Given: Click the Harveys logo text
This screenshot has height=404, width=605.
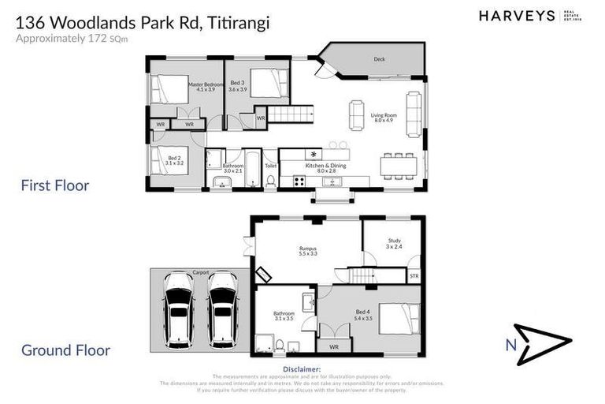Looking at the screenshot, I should tap(517, 16).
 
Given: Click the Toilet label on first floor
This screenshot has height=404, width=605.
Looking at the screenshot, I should tap(270, 166).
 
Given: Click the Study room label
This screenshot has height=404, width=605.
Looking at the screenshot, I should tap(394, 243).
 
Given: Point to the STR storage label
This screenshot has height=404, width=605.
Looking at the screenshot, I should tap(414, 276).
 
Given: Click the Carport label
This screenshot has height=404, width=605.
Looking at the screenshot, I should tap(200, 272).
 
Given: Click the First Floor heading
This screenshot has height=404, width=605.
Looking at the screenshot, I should tap(54, 186).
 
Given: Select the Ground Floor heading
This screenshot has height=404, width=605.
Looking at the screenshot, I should tap(65, 350).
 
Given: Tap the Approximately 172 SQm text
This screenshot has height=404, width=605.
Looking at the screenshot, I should tap(66, 37).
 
